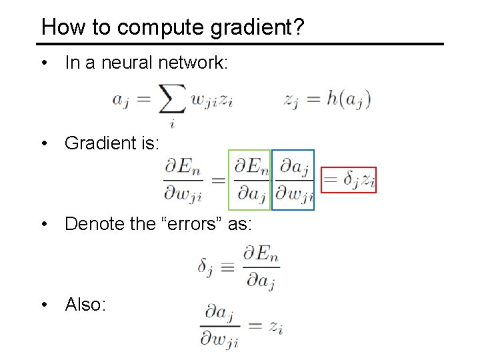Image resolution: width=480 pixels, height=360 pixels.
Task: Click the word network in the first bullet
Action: [x=194, y=63]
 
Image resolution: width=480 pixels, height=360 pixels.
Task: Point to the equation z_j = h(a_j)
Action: [x=327, y=99]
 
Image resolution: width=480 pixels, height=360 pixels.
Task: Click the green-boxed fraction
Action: [x=249, y=179]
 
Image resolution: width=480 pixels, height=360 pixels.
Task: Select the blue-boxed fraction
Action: [x=293, y=179]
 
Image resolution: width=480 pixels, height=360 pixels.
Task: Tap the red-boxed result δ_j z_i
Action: [x=349, y=179]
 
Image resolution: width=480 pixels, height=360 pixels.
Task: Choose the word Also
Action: [x=85, y=305]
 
